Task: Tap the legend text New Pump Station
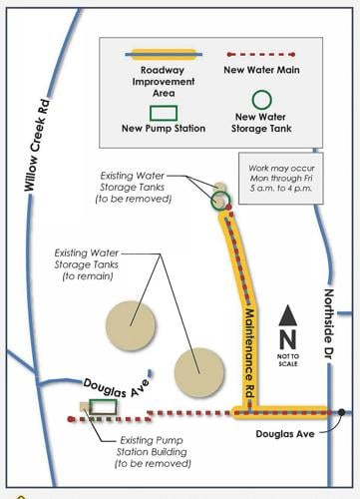164,128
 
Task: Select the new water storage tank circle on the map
220,199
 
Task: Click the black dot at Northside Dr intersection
341,411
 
